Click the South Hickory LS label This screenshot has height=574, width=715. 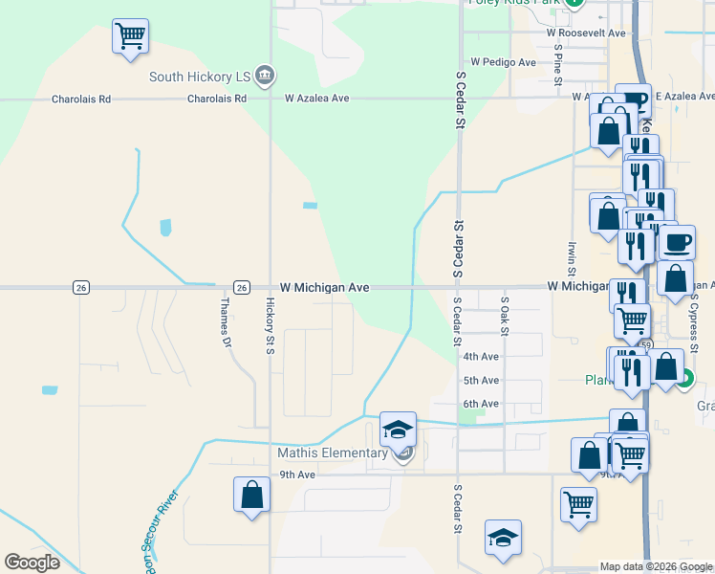199,77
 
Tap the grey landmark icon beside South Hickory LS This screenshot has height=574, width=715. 266,75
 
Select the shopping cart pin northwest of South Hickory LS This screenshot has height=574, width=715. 130,37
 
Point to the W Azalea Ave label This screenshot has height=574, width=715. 317,98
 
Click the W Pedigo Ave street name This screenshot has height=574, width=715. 503,62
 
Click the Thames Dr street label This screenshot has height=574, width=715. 227,321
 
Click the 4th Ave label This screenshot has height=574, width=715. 481,357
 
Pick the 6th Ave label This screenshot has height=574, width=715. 481,404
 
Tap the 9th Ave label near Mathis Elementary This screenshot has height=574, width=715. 297,475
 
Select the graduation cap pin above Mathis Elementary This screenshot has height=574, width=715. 399,430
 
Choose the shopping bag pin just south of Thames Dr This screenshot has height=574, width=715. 251,495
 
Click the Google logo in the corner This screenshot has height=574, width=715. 32,563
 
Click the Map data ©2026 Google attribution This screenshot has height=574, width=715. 655,566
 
